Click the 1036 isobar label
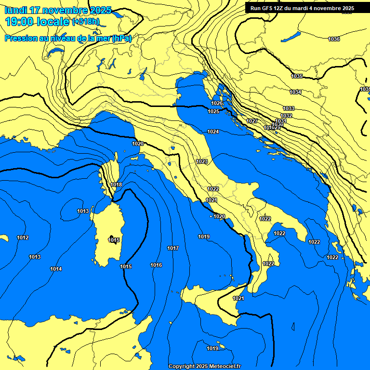pyautogui.click(x=333, y=39)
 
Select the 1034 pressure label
pyautogui.click(x=295, y=92)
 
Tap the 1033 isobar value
pyautogui.click(x=289, y=108)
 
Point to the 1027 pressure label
pyautogui.click(x=252, y=121)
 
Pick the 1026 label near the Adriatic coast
pyautogui.click(x=217, y=103)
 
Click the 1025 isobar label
pyautogui.click(x=213, y=111)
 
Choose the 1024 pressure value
pyautogui.click(x=213, y=132)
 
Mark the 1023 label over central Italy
pyautogui.click(x=202, y=161)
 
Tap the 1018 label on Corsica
pyautogui.click(x=116, y=185)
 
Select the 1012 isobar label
pyautogui.click(x=23, y=238)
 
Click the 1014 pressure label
pyautogui.click(x=56, y=269)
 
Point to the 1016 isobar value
pyautogui.click(x=156, y=265)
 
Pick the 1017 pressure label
pyautogui.click(x=173, y=248)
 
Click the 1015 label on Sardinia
pyautogui.click(x=114, y=240)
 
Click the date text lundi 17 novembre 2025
pyautogui.click(x=58, y=10)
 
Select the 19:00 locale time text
pyautogui.click(x=38, y=22)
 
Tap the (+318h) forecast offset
pyautogui.click(x=86, y=22)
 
